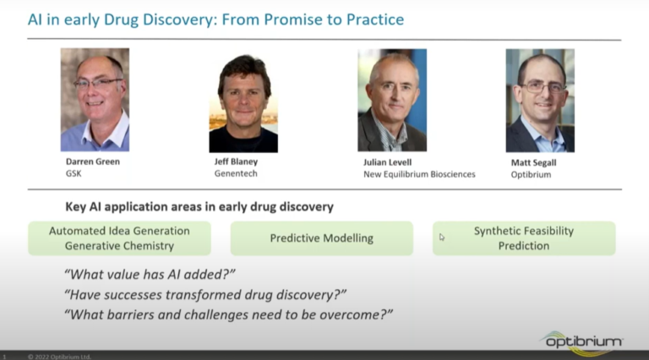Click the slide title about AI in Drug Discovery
coord(215,19)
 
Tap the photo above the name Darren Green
coord(95,100)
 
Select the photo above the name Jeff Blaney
coord(243,103)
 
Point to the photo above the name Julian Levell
coord(392,100)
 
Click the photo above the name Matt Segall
coord(540,101)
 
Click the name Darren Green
coord(93,161)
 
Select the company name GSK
coord(74,173)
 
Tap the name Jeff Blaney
coord(236,161)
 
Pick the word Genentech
coord(236,173)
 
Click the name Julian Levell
coord(387,162)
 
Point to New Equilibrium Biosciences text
coord(419,174)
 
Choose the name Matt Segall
coord(533,162)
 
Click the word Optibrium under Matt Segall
coord(531,175)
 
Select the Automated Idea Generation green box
coord(120,238)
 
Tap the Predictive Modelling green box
coord(322,238)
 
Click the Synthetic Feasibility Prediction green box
coord(524,238)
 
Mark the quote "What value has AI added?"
coord(150,275)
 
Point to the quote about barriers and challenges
coord(228,314)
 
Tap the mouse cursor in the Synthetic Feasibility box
coord(442,237)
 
